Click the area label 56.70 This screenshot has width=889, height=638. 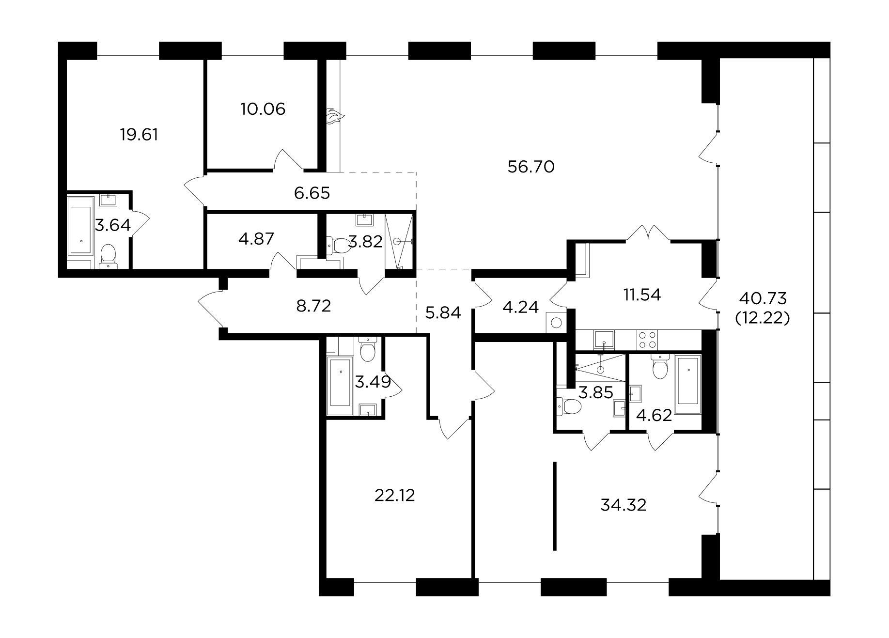coord(531,167)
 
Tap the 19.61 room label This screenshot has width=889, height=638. coord(139,134)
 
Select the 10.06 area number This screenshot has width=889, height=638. coord(263,109)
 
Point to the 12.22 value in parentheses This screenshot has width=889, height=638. coord(763,318)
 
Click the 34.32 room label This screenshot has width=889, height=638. coord(624,505)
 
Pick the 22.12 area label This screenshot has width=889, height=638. coord(395,496)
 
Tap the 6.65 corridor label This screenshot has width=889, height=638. coord(312,193)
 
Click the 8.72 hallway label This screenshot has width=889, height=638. coord(313,306)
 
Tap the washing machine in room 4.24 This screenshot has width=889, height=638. coord(556,322)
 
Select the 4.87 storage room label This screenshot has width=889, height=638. coord(257,239)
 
